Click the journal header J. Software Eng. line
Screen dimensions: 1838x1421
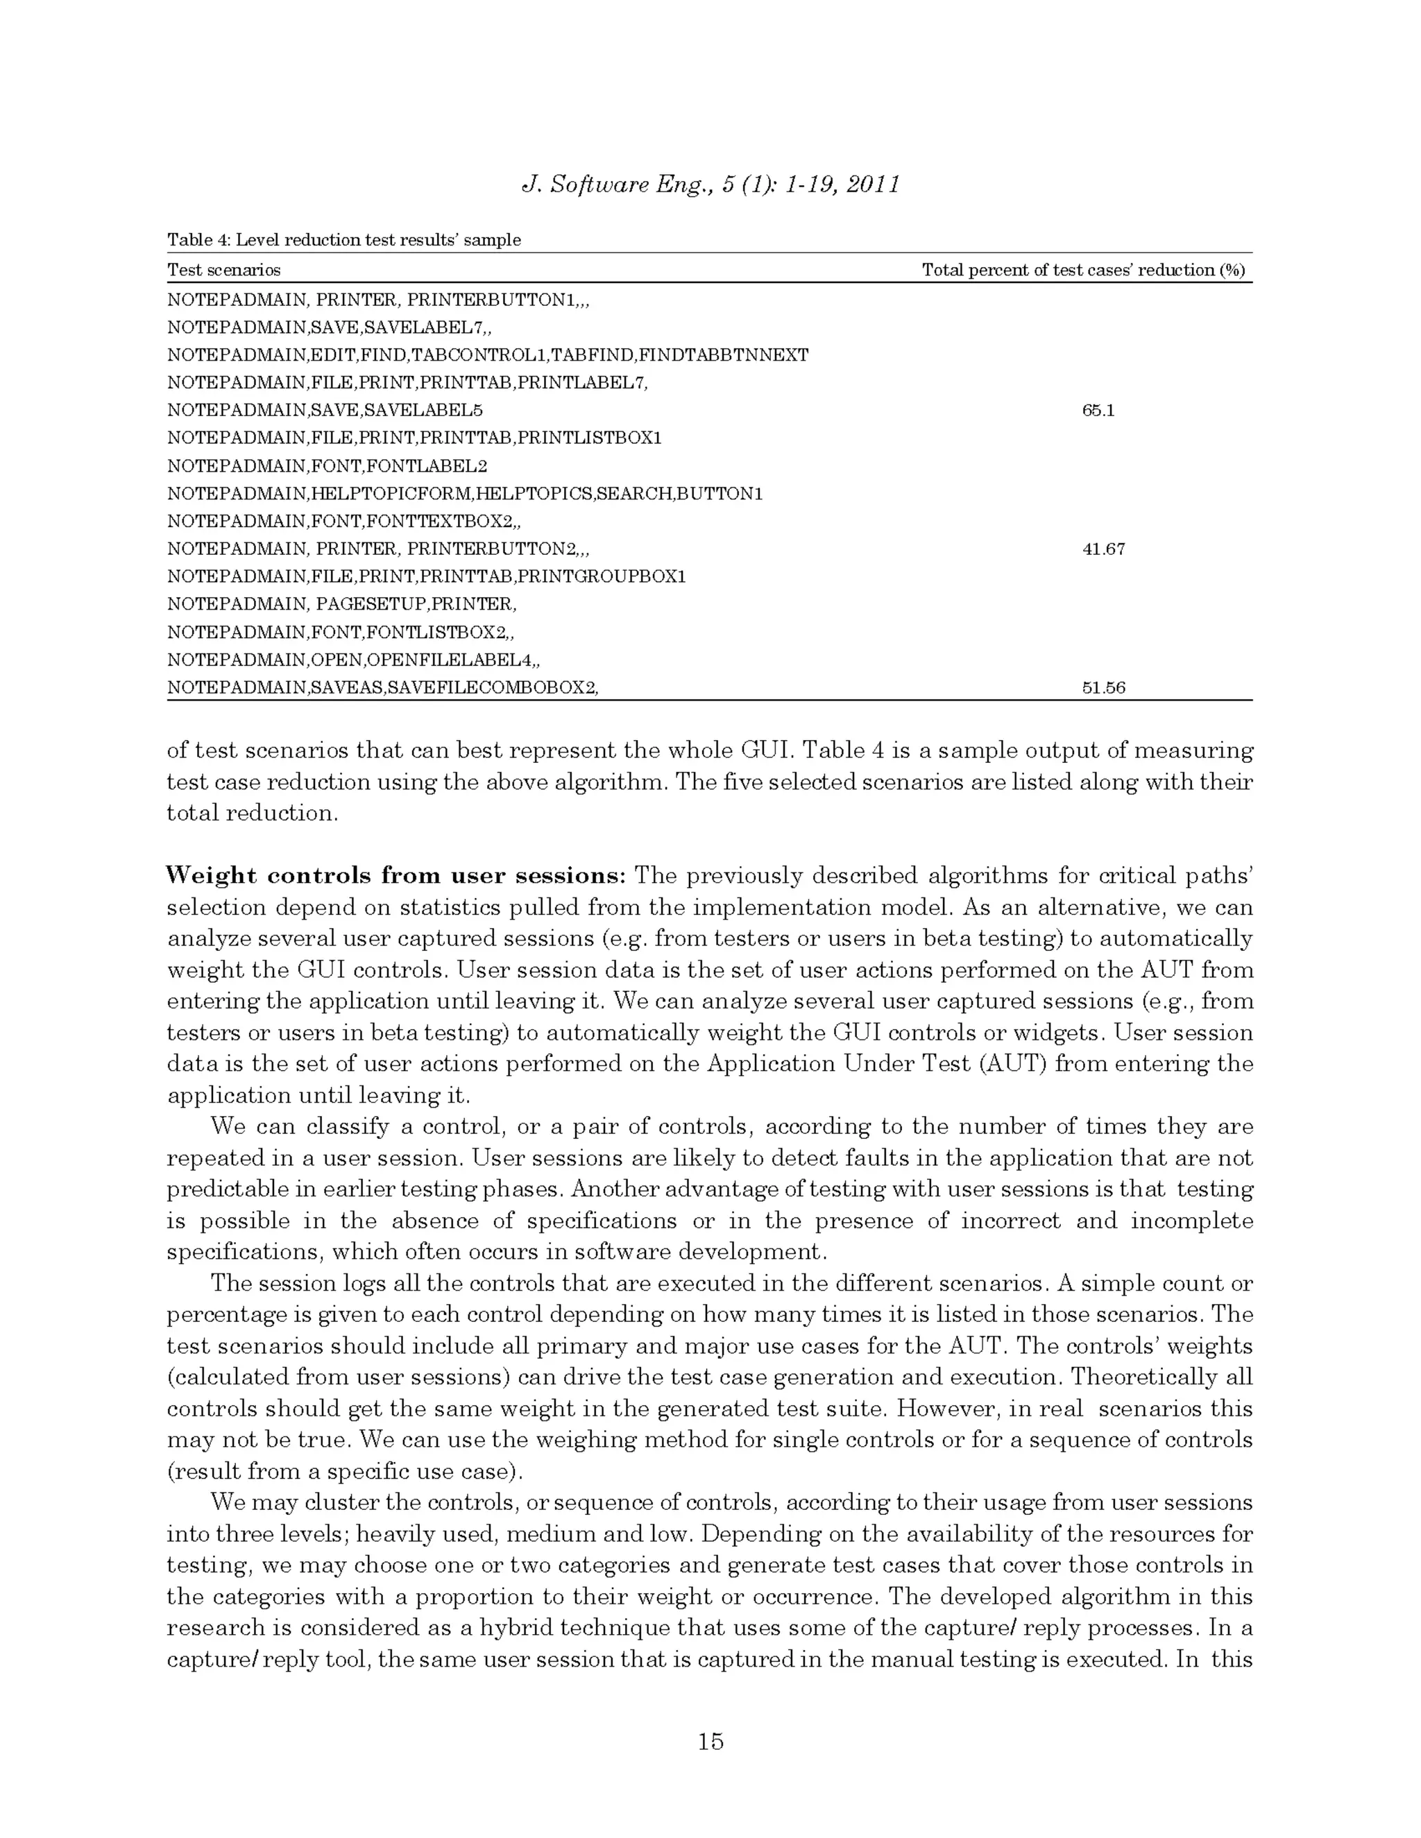pyautogui.click(x=710, y=184)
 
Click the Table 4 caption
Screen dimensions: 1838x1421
pyautogui.click(x=343, y=240)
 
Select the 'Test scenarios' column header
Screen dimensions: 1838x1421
pyautogui.click(x=224, y=270)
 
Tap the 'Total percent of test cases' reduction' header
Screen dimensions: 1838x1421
pyautogui.click(x=1082, y=270)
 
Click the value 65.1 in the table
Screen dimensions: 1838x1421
pyautogui.click(x=1098, y=411)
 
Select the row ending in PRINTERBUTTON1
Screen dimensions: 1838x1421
pyautogui.click(x=378, y=300)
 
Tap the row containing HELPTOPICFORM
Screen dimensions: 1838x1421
pyautogui.click(x=465, y=493)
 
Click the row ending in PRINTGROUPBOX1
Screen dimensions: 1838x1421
pyautogui.click(x=426, y=576)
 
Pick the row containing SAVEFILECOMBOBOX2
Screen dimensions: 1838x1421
pyautogui.click(x=382, y=687)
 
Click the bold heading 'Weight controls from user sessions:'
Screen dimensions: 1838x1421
pyautogui.click(x=395, y=875)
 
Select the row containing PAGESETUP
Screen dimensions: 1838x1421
pyautogui.click(x=342, y=604)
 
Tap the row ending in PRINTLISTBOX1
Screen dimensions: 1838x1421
pyautogui.click(x=414, y=438)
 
